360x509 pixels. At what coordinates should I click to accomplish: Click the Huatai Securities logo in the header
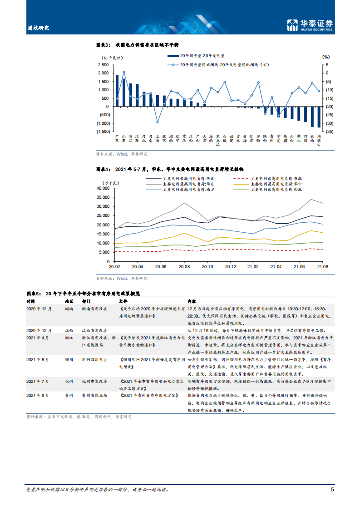310,25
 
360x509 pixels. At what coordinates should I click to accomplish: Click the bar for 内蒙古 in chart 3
319,117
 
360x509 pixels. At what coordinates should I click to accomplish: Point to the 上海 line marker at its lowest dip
158,122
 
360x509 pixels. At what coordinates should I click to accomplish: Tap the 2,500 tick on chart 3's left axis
102,65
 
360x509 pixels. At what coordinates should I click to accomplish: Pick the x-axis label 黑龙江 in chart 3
218,140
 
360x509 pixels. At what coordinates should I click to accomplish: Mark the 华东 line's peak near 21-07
311,199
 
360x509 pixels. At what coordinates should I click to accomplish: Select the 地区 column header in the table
69,301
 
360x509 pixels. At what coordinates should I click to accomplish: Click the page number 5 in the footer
333,489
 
